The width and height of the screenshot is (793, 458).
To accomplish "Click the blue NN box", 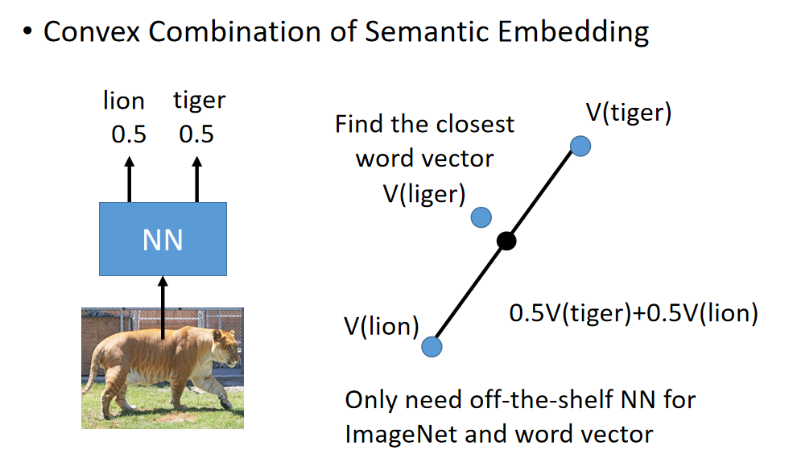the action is (x=163, y=238).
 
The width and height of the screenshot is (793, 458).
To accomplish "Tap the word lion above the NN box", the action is (x=124, y=101).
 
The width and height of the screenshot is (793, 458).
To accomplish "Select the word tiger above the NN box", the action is (x=199, y=101).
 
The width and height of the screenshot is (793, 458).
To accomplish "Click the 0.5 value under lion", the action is (x=129, y=134).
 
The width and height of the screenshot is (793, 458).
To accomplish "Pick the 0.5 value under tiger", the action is (x=196, y=134).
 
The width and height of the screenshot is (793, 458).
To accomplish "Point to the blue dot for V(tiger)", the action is (x=580, y=146).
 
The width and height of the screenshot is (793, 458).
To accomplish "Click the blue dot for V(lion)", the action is (x=432, y=346).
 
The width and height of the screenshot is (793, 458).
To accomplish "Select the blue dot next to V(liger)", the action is (x=481, y=217).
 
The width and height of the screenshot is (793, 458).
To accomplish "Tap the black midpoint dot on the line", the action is (x=506, y=241).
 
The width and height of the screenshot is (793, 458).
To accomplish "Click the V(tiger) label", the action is (x=628, y=113).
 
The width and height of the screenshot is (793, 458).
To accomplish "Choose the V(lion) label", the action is (x=382, y=326).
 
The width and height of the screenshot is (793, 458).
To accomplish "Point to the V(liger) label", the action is (x=424, y=195).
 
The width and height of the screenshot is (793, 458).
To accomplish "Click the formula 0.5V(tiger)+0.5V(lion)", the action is (x=634, y=313).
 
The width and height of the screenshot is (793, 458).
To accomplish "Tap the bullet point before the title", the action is (x=28, y=34).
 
